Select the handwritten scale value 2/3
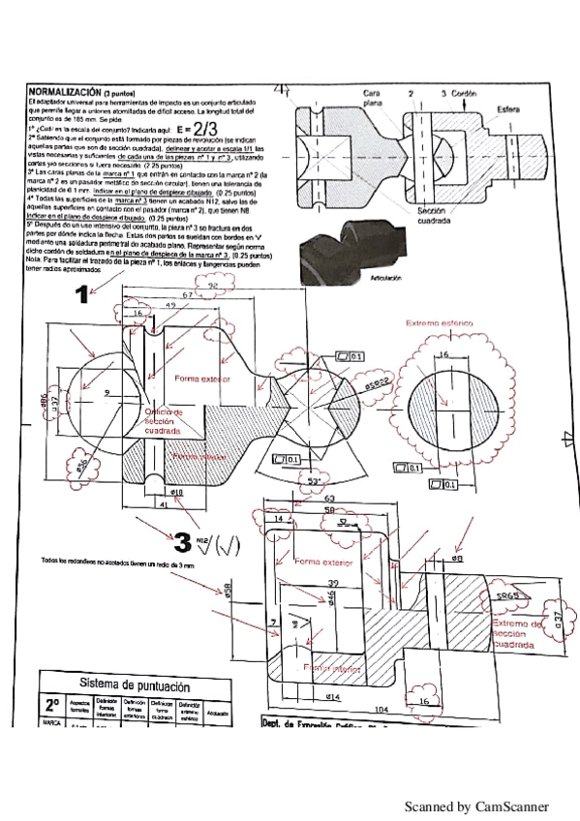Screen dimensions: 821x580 click(204, 126)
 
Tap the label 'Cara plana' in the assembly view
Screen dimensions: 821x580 click(373, 96)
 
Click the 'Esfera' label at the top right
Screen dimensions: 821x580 click(508, 108)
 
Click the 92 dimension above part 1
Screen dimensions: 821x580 click(211, 286)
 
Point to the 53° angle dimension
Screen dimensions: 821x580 click(314, 480)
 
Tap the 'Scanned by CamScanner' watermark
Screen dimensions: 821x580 click(475, 806)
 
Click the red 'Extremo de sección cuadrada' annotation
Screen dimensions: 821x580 click(526, 634)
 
